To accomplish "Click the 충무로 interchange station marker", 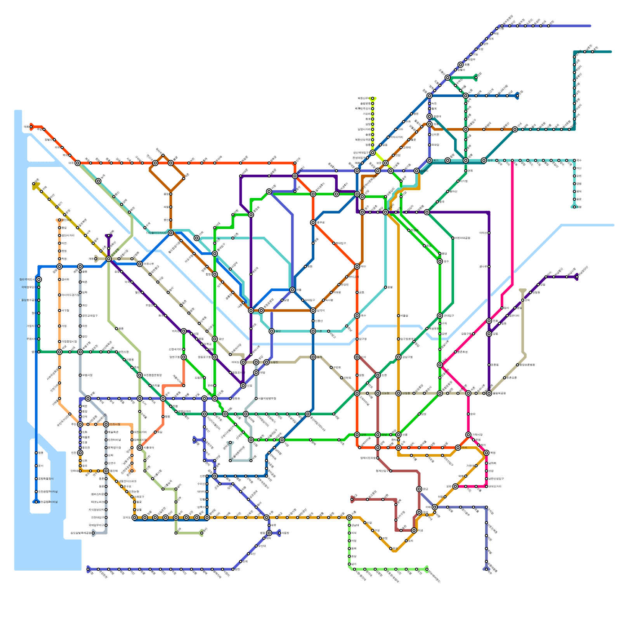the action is [x=313, y=222].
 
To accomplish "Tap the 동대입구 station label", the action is [x=341, y=243].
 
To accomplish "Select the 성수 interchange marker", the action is [x=440, y=261].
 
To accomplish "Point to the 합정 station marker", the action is [x=215, y=274].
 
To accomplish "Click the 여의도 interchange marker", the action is [x=243, y=362].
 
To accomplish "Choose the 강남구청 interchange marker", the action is [x=399, y=357].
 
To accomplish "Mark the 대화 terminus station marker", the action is [x=31, y=127].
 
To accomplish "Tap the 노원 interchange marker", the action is [x=466, y=96].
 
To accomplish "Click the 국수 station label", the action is [x=579, y=160].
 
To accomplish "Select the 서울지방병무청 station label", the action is [x=267, y=399].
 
